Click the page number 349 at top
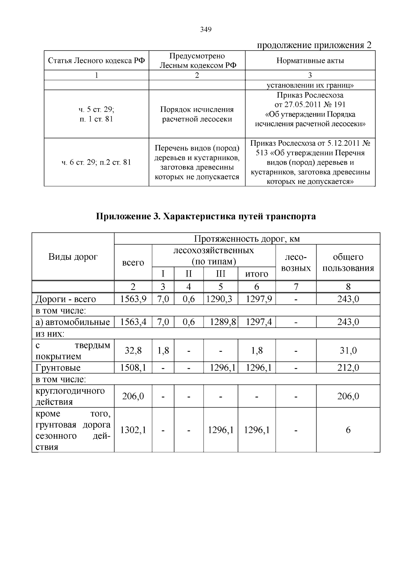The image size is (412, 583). tap(206, 30)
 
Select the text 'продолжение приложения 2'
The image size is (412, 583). tap(314, 45)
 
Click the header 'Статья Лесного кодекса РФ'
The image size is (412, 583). tap(96, 61)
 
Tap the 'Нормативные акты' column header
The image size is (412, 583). tap(310, 61)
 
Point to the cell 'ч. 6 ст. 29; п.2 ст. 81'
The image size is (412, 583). tap(96, 162)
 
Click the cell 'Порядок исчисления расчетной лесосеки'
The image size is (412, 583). tap(197, 114)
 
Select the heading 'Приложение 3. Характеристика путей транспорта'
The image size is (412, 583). tap(206, 216)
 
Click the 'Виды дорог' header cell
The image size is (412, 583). tap(73, 257)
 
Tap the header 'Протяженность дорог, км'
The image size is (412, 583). tap(247, 238)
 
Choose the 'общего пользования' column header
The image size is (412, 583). tap(348, 262)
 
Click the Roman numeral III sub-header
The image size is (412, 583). tap(220, 274)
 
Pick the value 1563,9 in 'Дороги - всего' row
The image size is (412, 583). tap(133, 299)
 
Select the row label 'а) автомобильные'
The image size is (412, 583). tap(73, 322)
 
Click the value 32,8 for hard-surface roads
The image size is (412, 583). tap(133, 350)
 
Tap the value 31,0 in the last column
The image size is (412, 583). tap(348, 350)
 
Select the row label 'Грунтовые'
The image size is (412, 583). tap(58, 368)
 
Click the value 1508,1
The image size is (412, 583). tap(133, 368)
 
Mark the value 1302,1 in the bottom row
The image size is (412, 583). tap(133, 430)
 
